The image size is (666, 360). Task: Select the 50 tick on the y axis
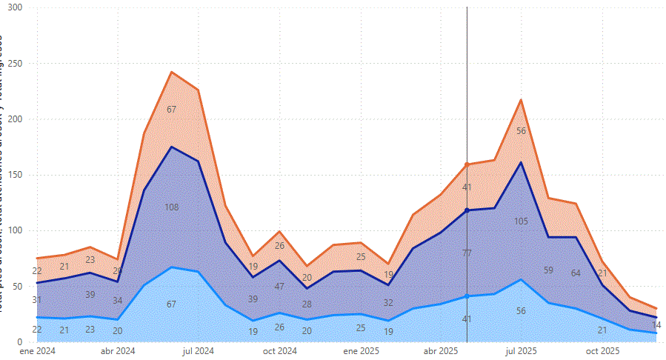16,286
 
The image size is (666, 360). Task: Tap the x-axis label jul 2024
198,350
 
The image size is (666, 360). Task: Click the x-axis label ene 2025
362,350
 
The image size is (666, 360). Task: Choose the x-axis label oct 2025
602,350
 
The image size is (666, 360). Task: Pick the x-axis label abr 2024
118,350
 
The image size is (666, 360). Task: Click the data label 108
171,207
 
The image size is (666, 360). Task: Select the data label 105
521,221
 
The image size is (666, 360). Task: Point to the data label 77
467,253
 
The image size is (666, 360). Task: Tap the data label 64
576,273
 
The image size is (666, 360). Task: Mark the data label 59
548,270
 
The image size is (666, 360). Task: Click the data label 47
279,286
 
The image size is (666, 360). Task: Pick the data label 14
656,325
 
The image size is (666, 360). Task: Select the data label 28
307,304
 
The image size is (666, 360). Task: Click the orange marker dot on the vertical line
467,164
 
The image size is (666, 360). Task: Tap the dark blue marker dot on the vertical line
467,210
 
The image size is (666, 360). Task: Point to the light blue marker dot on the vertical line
467,296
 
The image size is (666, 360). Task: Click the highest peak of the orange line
171,72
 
